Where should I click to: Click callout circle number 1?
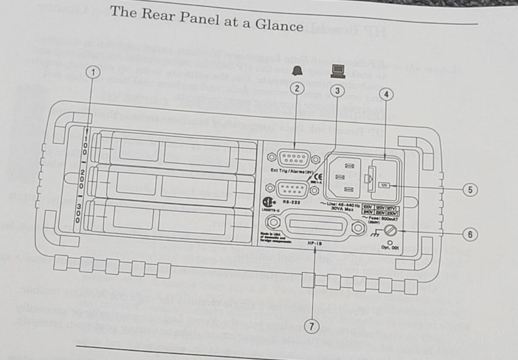click(92, 72)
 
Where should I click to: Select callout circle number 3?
click(338, 91)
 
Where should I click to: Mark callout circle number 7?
click(314, 327)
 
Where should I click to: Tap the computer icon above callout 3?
click(337, 70)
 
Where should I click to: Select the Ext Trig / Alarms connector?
click(294, 158)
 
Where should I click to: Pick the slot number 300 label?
click(80, 213)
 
